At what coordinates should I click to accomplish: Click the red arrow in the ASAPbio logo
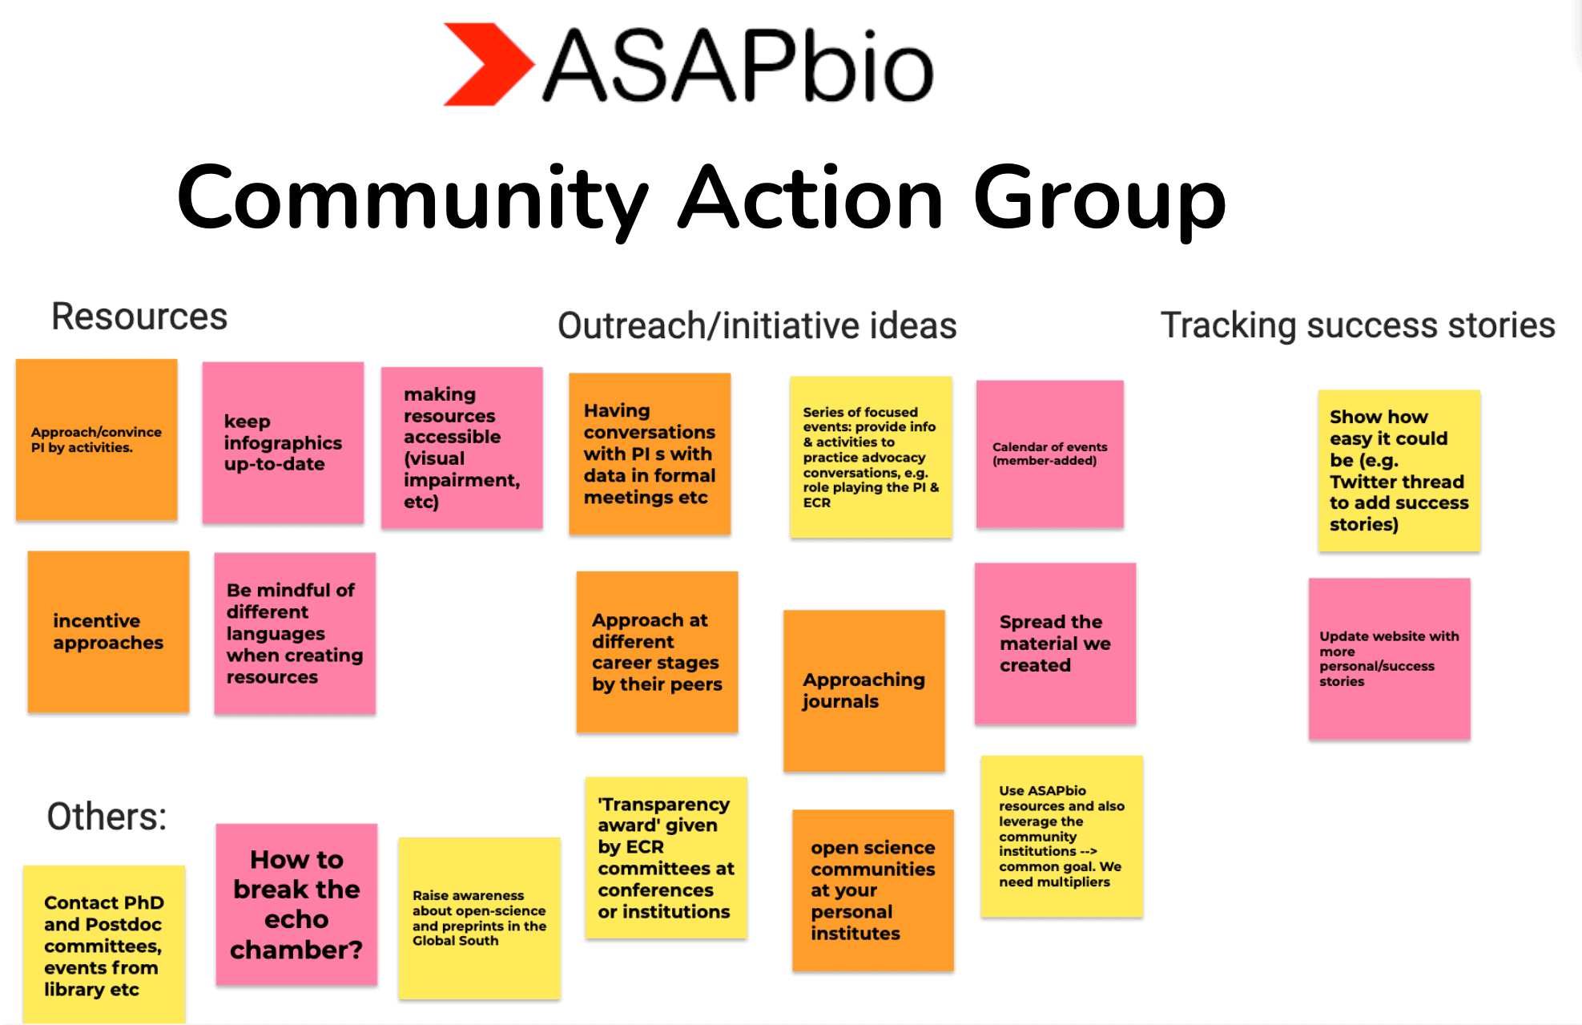485,64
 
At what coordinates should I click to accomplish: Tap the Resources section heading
139,317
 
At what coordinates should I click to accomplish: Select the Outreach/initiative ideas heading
757,326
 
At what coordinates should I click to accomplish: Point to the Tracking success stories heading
1358,325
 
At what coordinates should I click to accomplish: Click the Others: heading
107,817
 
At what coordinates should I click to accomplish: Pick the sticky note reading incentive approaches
108,632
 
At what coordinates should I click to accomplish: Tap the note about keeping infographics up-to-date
283,442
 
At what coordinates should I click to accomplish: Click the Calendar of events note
1049,454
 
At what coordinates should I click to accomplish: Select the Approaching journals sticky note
863,690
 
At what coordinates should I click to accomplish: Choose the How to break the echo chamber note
296,904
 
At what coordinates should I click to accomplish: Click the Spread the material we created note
1055,644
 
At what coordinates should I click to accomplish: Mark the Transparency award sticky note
666,858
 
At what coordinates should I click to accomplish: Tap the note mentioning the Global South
479,918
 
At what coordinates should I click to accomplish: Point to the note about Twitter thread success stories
1399,470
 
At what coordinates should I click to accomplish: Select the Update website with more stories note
1389,659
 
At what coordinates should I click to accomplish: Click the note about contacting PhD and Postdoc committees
104,946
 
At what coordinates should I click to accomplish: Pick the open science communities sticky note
872,890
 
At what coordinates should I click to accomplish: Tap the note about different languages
294,633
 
